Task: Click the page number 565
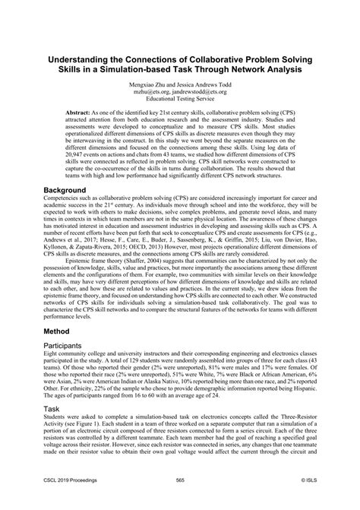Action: [x=180, y=500]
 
